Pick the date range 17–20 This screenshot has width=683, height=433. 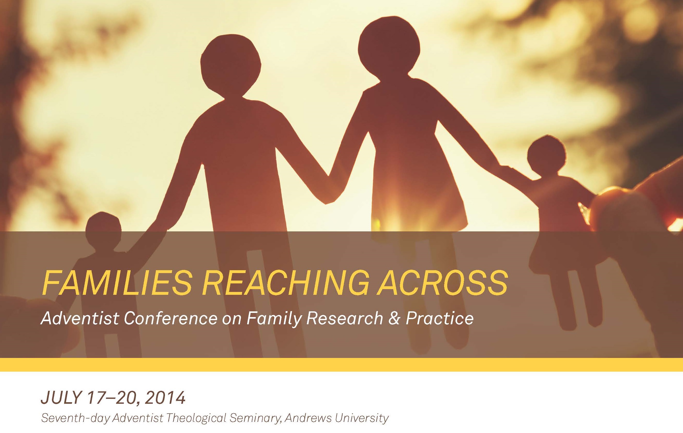(112, 399)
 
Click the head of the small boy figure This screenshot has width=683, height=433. (103, 231)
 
